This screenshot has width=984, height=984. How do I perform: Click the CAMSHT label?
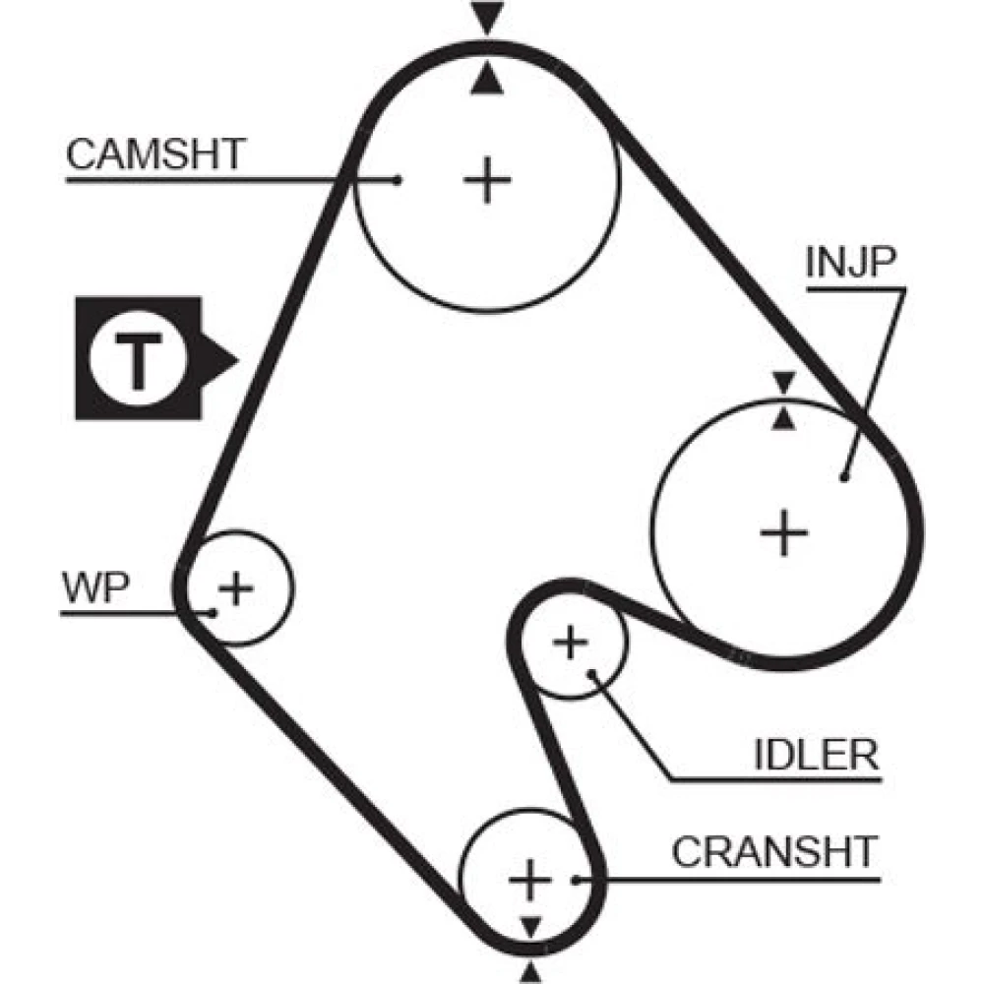pyautogui.click(x=155, y=154)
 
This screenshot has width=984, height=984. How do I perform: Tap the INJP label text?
pyautogui.click(x=850, y=262)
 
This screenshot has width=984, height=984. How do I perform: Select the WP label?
pyautogui.click(x=95, y=587)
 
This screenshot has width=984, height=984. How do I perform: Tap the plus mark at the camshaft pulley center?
pyautogui.click(x=487, y=180)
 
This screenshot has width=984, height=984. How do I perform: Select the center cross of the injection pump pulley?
pyautogui.click(x=784, y=533)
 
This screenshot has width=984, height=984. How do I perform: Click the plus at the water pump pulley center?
pyautogui.click(x=236, y=588)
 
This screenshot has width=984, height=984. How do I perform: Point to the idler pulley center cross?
pyautogui.click(x=571, y=643)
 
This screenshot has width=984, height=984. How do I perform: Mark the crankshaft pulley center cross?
pyautogui.click(x=530, y=880)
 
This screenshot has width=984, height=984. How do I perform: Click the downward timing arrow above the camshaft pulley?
pyautogui.click(x=488, y=18)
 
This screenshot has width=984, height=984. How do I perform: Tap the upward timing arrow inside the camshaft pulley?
pyautogui.click(x=487, y=81)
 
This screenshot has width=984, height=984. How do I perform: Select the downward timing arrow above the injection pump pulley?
pyautogui.click(x=784, y=382)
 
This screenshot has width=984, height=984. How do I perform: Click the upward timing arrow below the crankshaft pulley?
pyautogui.click(x=531, y=973)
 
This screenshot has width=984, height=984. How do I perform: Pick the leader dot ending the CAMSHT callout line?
pyautogui.click(x=397, y=181)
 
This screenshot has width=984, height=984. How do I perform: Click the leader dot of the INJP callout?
pyautogui.click(x=844, y=478)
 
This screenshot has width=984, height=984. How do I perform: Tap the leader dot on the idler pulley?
pyautogui.click(x=591, y=673)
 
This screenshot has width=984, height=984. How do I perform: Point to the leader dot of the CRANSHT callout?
pyautogui.click(x=576, y=881)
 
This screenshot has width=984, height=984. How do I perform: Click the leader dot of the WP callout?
pyautogui.click(x=213, y=613)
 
